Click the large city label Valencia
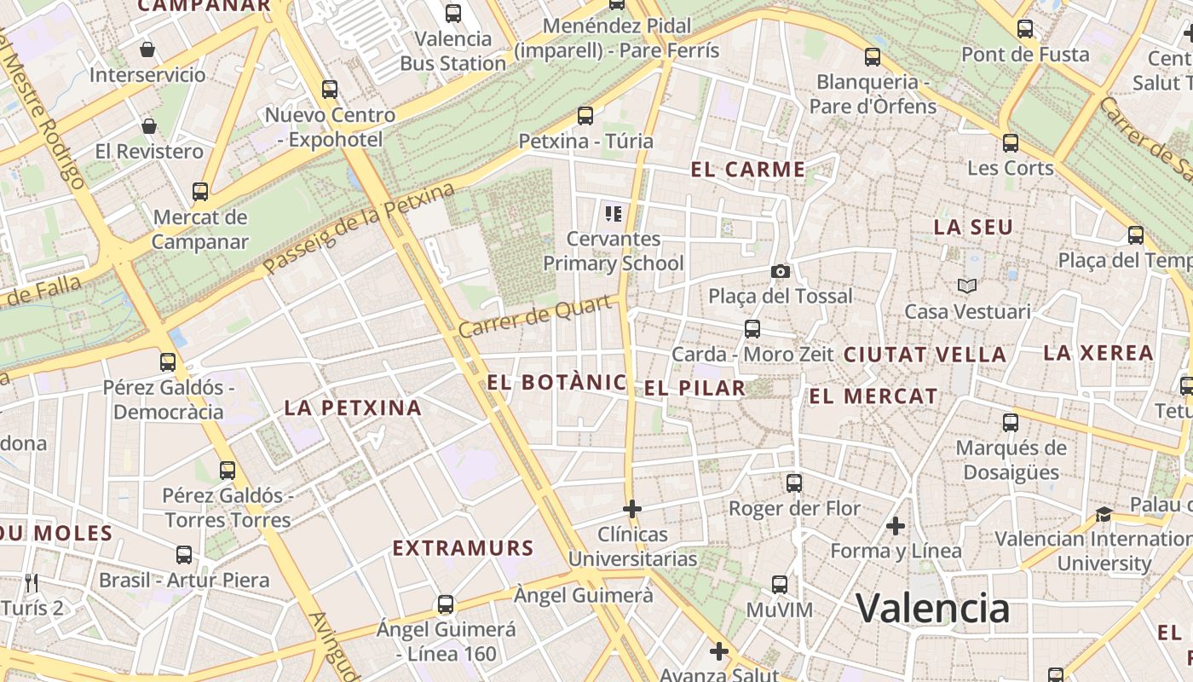pyautogui.click(x=932, y=609)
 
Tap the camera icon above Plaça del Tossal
pyautogui.click(x=780, y=271)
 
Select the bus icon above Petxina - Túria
pyautogui.click(x=585, y=115)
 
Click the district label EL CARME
pyautogui.click(x=748, y=170)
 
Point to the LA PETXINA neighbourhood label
pyautogui.click(x=353, y=407)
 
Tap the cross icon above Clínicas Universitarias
pyautogui.click(x=632, y=509)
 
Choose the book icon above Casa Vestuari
pyautogui.click(x=966, y=286)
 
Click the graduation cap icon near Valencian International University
pyautogui.click(x=1104, y=513)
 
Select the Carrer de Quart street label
pyautogui.click(x=536, y=315)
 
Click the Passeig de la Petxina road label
pyautogui.click(x=359, y=228)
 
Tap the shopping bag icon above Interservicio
pyautogui.click(x=147, y=49)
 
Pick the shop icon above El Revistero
pyautogui.click(x=149, y=126)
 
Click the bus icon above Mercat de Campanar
pyautogui.click(x=200, y=192)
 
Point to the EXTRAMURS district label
pyautogui.click(x=463, y=548)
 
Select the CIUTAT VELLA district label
pyautogui.click(x=925, y=355)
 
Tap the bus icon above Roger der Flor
pyautogui.click(x=794, y=483)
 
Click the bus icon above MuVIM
pyautogui.click(x=780, y=585)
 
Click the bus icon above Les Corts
pyautogui.click(x=1011, y=142)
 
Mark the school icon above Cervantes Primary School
pyautogui.click(x=613, y=213)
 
